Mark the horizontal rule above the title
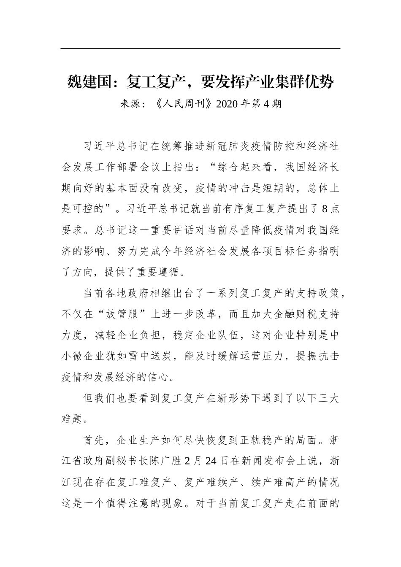tap(200, 49)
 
